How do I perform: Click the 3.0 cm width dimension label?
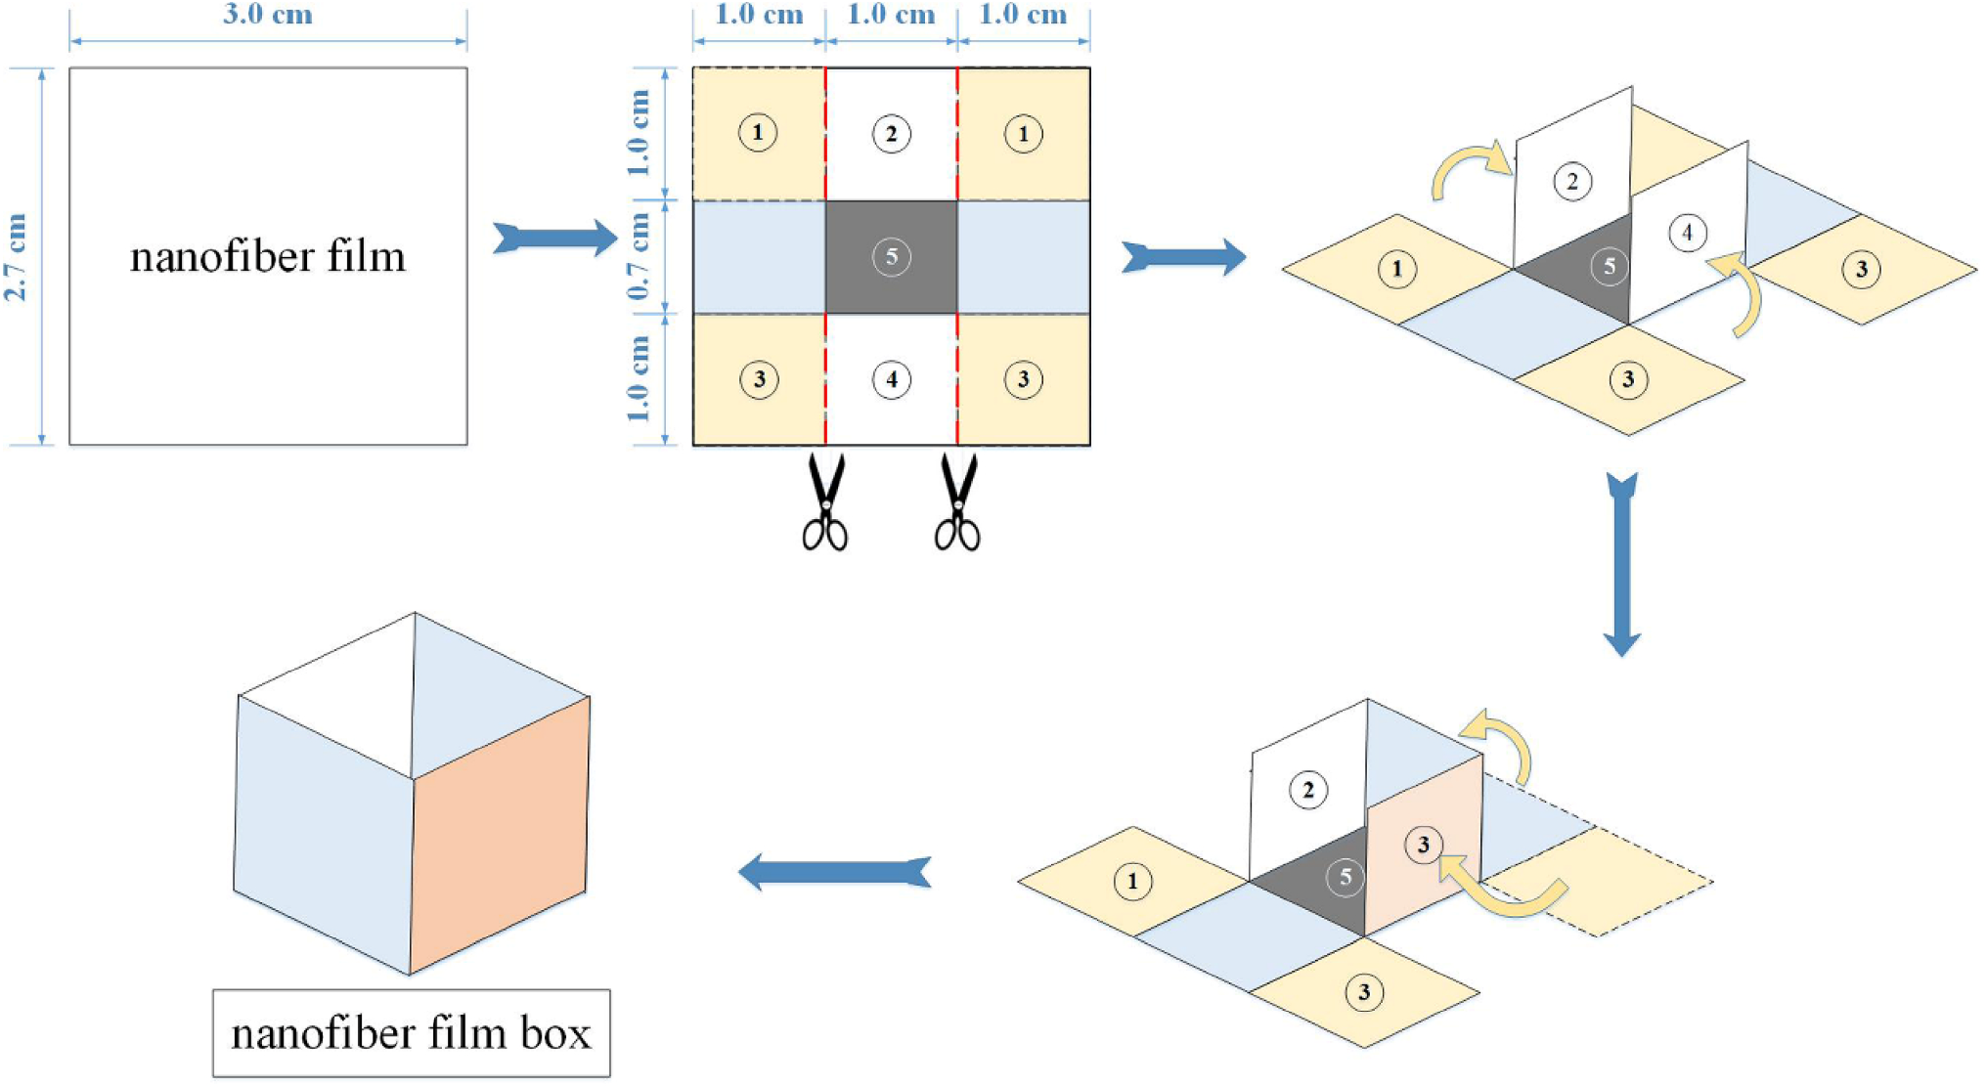[x=267, y=15]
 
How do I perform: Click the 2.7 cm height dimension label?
[x=17, y=256]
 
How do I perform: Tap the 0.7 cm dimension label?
[x=639, y=256]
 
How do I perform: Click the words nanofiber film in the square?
[x=268, y=256]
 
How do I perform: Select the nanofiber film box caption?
[x=411, y=1033]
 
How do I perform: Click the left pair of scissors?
[x=825, y=501]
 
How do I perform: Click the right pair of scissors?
[x=957, y=501]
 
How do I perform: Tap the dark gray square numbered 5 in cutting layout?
[x=891, y=257]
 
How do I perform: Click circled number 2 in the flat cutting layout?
[x=891, y=134]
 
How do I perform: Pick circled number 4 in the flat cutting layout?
[x=891, y=379]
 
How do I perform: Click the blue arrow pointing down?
[x=1621, y=564]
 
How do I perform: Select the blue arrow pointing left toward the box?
[x=834, y=871]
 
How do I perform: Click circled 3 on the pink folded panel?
[x=1423, y=845]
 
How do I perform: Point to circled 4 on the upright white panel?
[x=1687, y=233]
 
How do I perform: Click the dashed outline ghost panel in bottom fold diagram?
[x=1623, y=880]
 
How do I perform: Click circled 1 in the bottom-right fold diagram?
[x=1132, y=882]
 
